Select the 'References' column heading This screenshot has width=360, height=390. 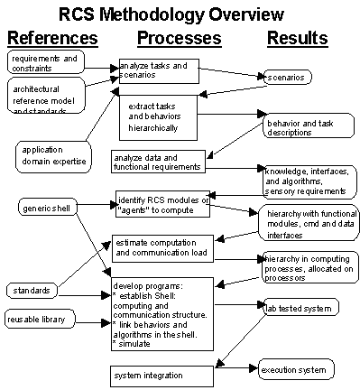tap(52, 38)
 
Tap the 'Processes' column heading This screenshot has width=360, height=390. tap(179, 38)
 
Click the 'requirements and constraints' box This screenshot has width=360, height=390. tap(45, 62)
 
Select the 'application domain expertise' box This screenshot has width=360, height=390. tap(52, 154)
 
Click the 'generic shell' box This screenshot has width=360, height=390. tap(45, 208)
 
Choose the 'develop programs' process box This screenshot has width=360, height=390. tap(162, 313)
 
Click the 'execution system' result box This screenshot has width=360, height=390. tap(293, 369)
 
